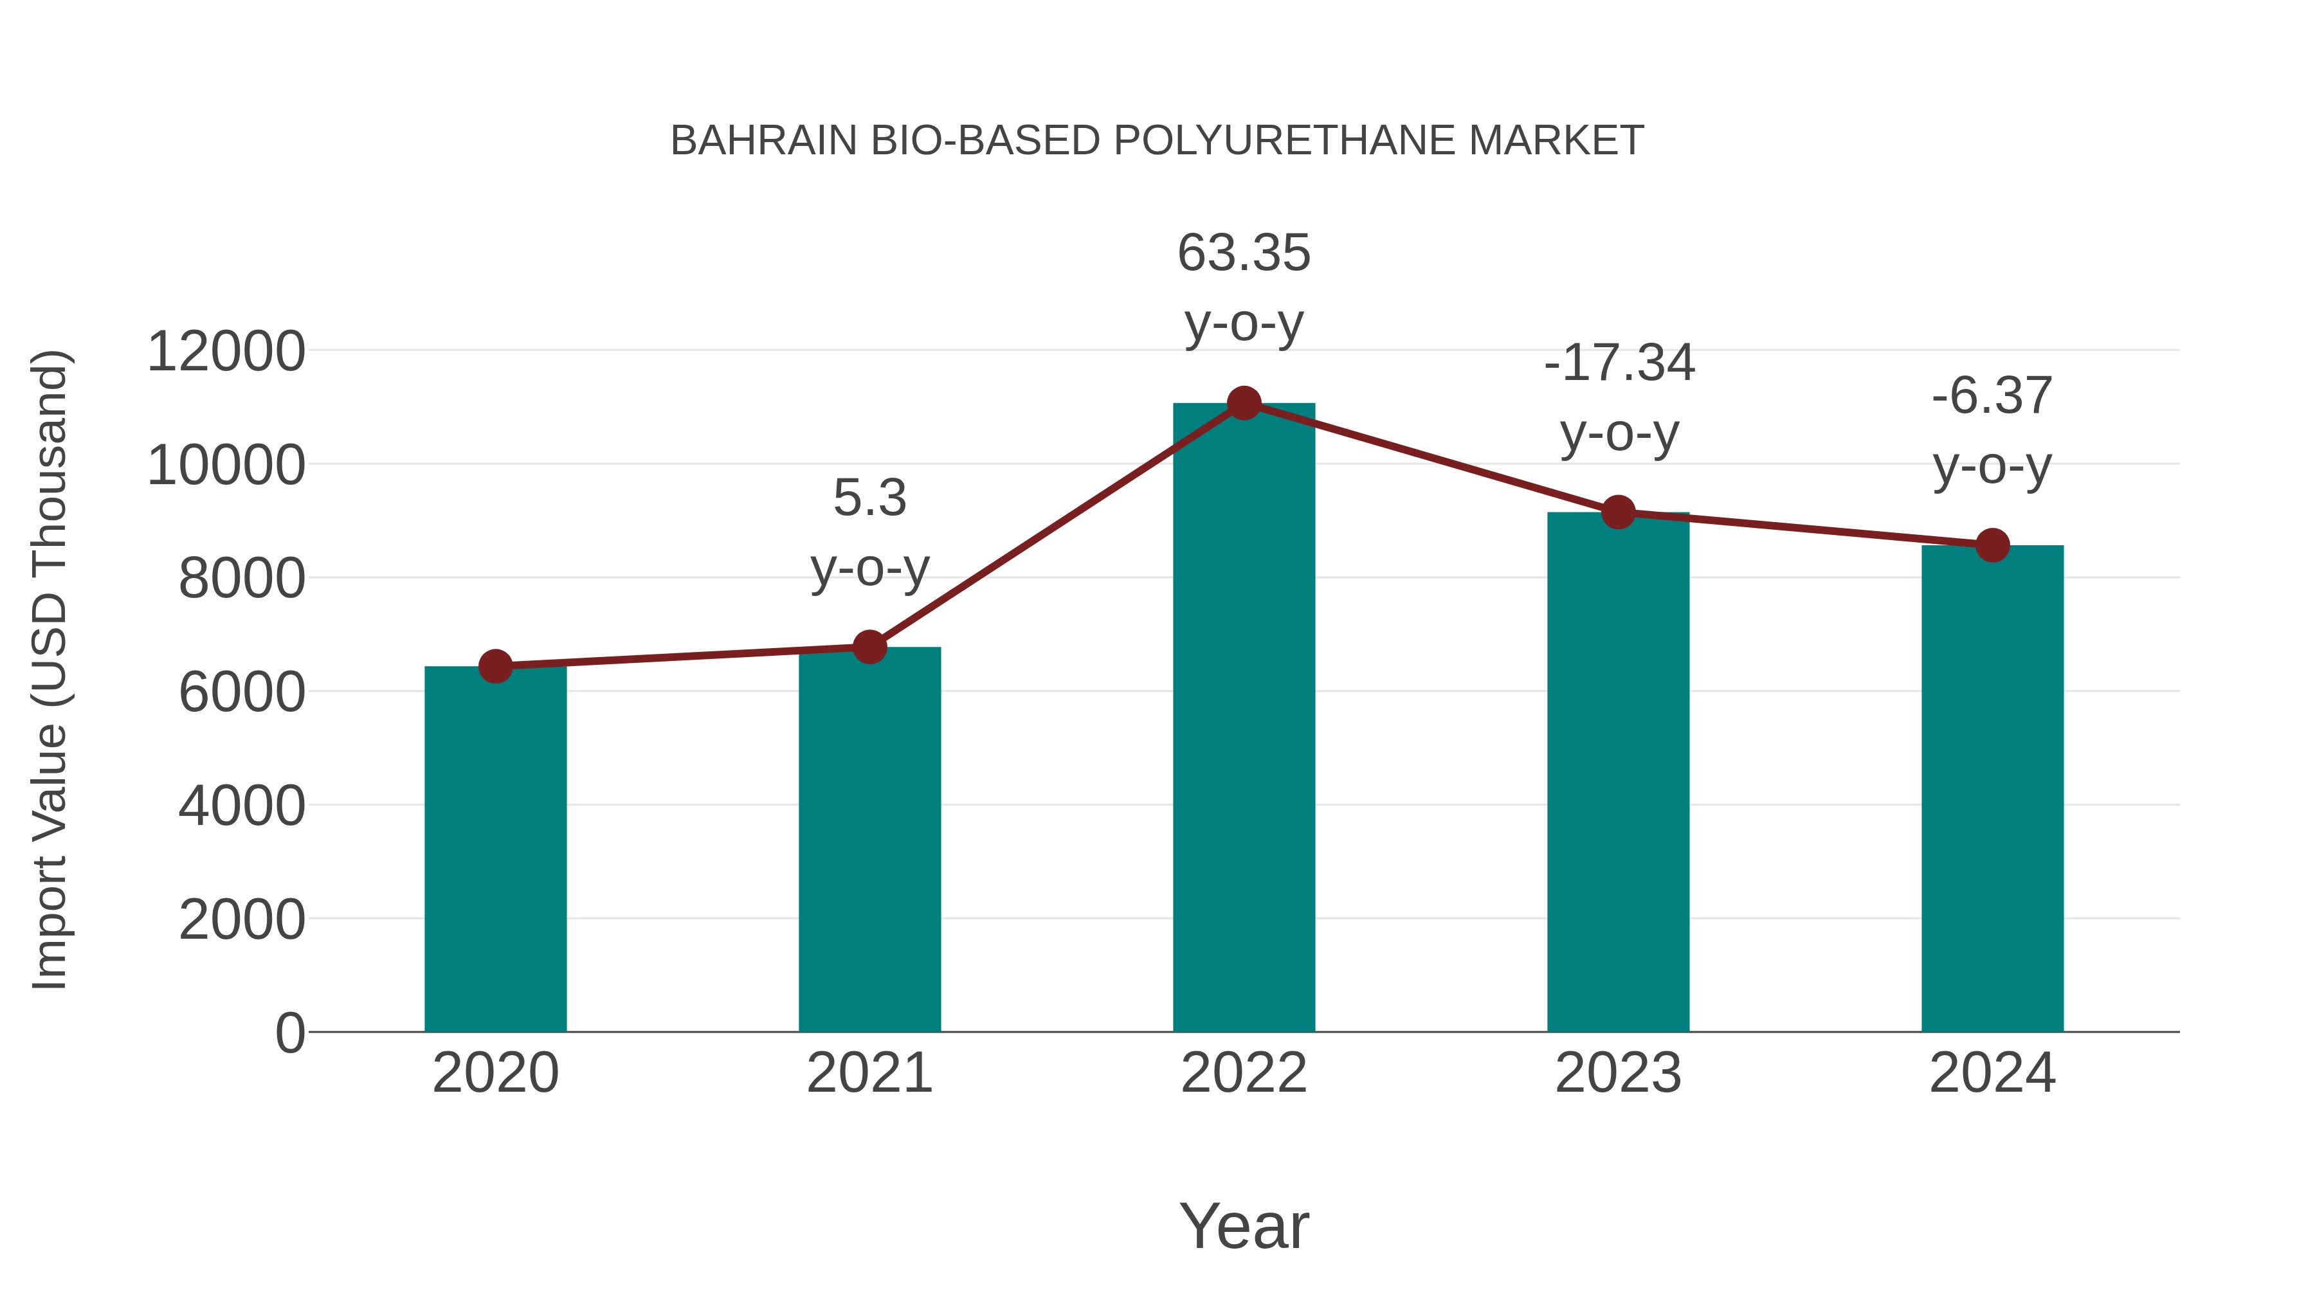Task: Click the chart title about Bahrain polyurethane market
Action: tap(1157, 141)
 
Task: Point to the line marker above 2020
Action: tap(495, 666)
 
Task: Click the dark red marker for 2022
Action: tap(1244, 403)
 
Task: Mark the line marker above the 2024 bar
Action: tap(1992, 545)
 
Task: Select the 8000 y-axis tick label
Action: tap(242, 579)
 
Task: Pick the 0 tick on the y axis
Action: tap(290, 1033)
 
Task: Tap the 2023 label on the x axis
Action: tap(1618, 1073)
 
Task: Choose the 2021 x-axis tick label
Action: tap(869, 1073)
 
